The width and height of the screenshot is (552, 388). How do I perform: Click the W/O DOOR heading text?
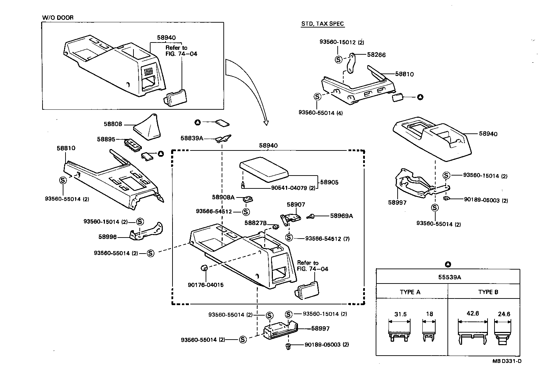(58, 17)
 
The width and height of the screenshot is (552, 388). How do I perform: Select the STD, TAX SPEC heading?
(322, 24)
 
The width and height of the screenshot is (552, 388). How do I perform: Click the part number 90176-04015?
(206, 285)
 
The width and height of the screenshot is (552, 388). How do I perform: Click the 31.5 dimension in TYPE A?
(400, 314)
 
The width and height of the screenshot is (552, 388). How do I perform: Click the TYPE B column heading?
(488, 292)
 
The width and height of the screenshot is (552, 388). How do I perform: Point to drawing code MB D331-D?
(507, 361)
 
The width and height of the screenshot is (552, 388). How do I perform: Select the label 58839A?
(192, 138)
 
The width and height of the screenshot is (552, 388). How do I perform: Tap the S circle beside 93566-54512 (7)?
(289, 238)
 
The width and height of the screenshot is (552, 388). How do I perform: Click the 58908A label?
(223, 197)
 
